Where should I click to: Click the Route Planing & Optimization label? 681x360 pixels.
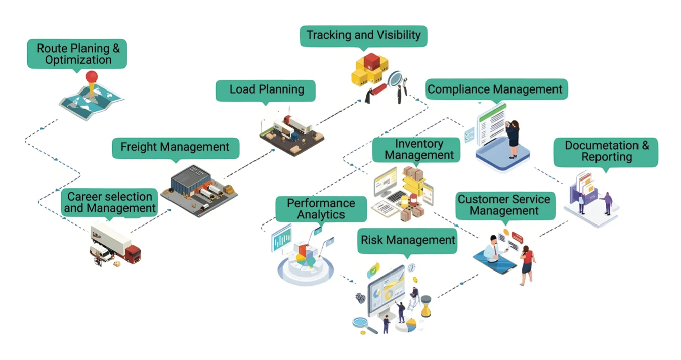[x=76, y=54]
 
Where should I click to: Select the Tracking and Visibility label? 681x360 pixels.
[x=363, y=35]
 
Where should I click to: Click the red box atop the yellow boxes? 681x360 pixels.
[x=372, y=61]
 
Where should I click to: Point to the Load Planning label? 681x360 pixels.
[x=266, y=90]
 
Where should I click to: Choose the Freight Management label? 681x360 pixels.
[x=175, y=148]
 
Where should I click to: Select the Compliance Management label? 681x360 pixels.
[x=494, y=89]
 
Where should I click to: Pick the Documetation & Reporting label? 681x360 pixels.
[x=606, y=151]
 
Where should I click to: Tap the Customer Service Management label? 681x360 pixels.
[x=503, y=205]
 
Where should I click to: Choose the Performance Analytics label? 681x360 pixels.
[x=321, y=209]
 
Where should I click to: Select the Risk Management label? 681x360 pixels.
[x=408, y=240]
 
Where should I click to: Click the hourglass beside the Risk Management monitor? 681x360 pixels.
[x=425, y=306]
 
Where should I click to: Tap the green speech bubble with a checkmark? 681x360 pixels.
[x=373, y=271]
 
